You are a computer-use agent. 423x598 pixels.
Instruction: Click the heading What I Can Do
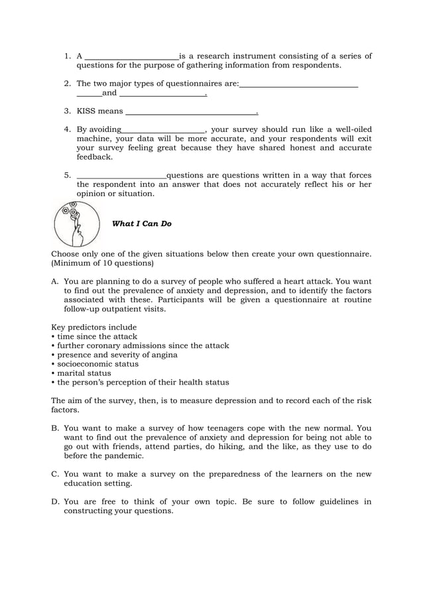click(142, 224)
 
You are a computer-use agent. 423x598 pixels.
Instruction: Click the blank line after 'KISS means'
click(190, 112)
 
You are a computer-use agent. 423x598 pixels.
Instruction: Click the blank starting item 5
click(121, 176)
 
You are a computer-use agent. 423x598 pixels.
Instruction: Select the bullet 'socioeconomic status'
click(97, 364)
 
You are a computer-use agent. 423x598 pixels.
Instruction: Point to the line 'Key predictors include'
click(94, 328)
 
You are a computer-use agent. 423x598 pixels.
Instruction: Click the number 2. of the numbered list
click(68, 84)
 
